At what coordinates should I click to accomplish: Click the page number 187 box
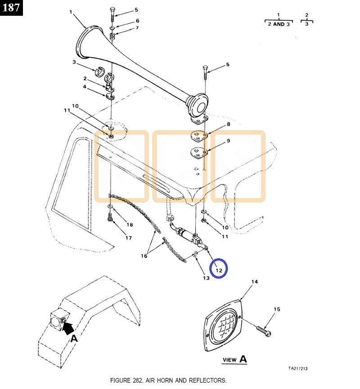[x=12, y=8]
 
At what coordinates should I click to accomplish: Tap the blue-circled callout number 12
[x=219, y=270]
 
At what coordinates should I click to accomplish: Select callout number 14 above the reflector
[x=255, y=282]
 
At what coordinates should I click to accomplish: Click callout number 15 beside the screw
[x=277, y=309]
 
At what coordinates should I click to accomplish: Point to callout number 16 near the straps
[x=144, y=256]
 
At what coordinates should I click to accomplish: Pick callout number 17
[x=129, y=238]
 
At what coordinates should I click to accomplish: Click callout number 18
[x=130, y=225]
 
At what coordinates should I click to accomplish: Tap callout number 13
[x=206, y=278]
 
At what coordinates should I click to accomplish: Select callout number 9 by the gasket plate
[x=228, y=141]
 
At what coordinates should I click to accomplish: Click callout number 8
[x=228, y=124]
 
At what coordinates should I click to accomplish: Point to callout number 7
[x=137, y=28]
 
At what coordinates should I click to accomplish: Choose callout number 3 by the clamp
[x=74, y=62]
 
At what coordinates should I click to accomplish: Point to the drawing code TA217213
[x=298, y=368]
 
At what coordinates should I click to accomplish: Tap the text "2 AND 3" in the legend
[x=279, y=24]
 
